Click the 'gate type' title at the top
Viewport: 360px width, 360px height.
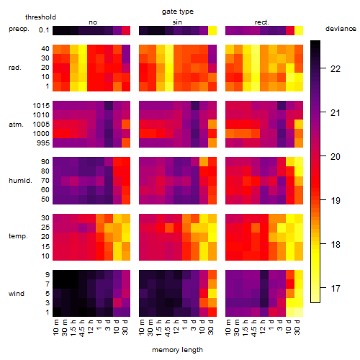[178, 12]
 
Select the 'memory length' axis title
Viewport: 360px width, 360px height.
[177, 350]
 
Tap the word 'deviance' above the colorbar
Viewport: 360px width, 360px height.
[341, 29]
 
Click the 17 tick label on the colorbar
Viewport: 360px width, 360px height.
[336, 288]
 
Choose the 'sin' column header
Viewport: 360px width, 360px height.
[177, 22]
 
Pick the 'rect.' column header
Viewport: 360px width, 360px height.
[261, 22]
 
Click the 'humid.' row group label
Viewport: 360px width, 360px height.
[20, 181]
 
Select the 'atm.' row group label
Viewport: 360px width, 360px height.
[16, 125]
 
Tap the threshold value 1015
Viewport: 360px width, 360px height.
[41, 106]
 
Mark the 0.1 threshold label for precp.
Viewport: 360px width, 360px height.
[44, 30]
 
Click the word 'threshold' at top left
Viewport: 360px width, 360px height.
[40, 17]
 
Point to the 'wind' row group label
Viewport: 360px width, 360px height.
[17, 294]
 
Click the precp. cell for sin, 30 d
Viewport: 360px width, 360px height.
[212, 31]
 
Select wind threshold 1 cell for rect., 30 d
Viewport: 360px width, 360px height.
[299, 312]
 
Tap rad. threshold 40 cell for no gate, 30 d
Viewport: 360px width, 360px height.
[126, 49]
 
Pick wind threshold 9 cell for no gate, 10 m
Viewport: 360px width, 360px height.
[57, 274]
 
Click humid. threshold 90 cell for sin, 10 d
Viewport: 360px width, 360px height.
[204, 161]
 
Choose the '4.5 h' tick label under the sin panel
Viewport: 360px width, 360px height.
[168, 328]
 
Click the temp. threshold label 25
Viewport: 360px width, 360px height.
[45, 228]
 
